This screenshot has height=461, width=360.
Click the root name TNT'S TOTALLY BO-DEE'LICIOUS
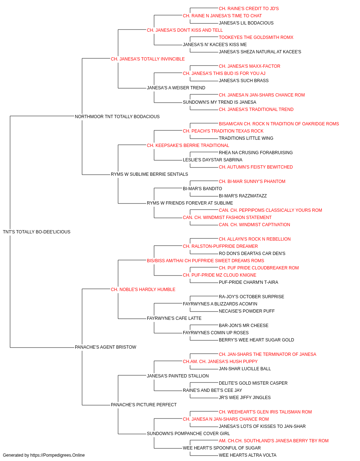click(36, 232)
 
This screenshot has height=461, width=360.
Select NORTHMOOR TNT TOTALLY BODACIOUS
click(117, 117)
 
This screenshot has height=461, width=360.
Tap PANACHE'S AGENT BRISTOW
click(105, 347)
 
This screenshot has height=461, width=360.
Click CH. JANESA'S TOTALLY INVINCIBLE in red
click(148, 59)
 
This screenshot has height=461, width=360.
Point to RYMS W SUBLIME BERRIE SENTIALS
click(149, 174)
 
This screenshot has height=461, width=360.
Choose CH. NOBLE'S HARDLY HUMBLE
click(143, 290)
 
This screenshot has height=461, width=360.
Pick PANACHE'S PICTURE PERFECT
click(144, 405)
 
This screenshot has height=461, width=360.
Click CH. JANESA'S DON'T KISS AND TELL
click(185, 30)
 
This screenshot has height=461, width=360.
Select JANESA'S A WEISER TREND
click(176, 88)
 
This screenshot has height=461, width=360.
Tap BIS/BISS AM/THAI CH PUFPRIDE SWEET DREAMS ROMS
click(206, 261)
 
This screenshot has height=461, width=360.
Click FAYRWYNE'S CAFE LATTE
click(174, 318)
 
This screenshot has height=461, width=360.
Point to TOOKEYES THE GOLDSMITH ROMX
click(256, 37)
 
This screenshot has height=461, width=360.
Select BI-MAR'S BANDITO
click(202, 189)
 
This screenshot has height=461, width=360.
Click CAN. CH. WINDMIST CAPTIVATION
click(255, 225)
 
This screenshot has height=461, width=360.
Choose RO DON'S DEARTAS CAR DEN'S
click(252, 254)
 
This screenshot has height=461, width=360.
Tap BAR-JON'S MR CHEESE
click(244, 326)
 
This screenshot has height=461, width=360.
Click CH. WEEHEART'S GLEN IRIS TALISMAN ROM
click(265, 412)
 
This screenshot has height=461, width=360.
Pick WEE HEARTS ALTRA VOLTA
click(248, 455)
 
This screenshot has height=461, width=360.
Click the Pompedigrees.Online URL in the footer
click(58, 455)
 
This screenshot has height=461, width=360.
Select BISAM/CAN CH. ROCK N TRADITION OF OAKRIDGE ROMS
click(279, 124)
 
